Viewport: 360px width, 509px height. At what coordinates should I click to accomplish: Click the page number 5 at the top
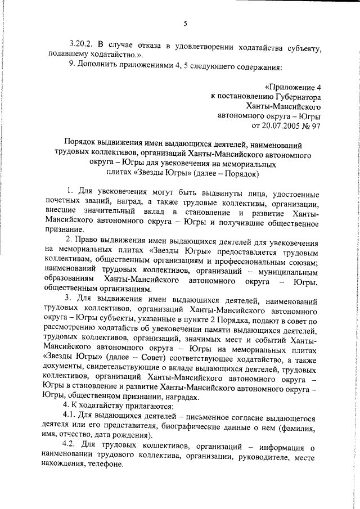click(185, 24)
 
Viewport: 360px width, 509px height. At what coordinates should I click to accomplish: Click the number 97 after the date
click(314, 125)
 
